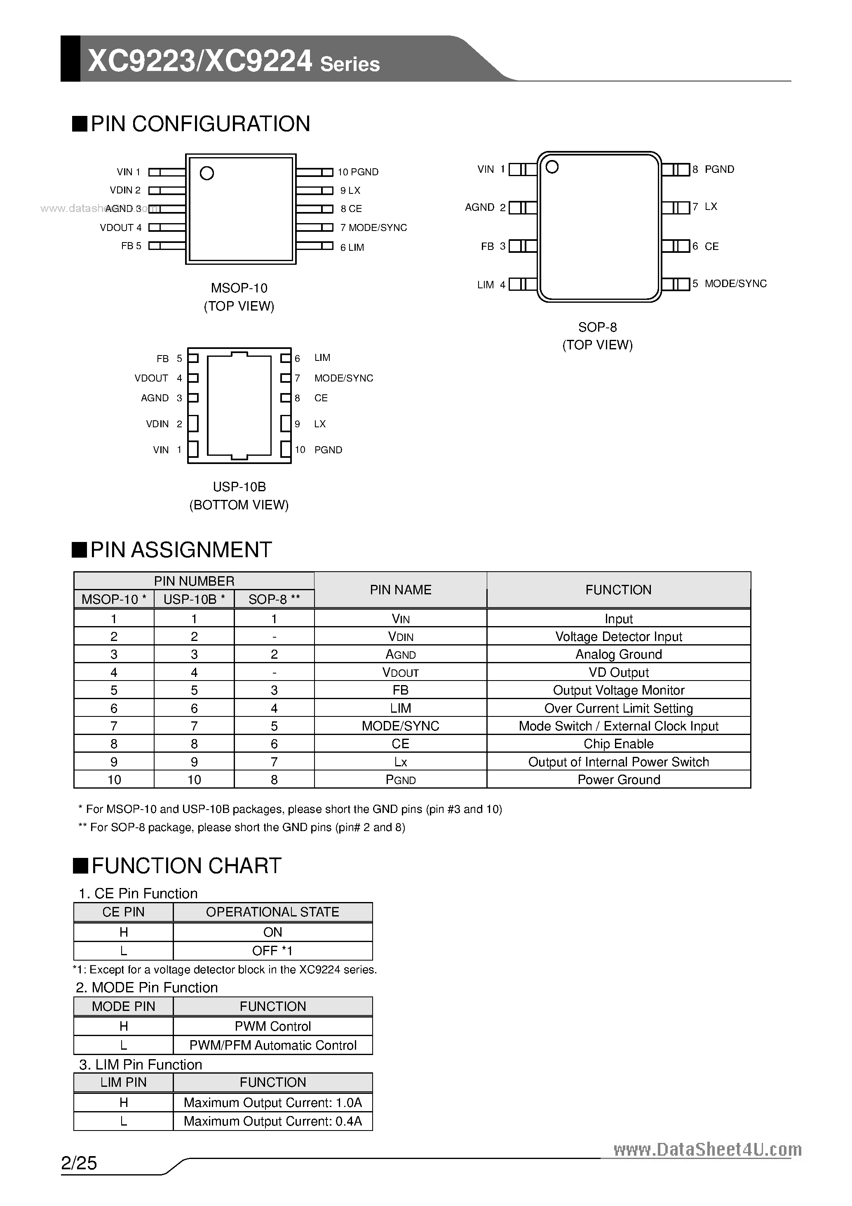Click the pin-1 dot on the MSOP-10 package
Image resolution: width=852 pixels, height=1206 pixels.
pyautogui.click(x=207, y=173)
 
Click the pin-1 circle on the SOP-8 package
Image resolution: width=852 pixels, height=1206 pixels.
pyautogui.click(x=552, y=167)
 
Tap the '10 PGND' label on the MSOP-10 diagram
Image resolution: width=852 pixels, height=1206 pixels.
pyautogui.click(x=358, y=172)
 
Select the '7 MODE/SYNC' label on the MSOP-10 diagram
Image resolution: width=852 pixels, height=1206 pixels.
pyautogui.click(x=373, y=227)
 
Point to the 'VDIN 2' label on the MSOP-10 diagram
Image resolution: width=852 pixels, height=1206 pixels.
pyautogui.click(x=125, y=190)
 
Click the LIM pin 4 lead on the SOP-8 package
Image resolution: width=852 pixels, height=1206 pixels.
pyautogui.click(x=523, y=284)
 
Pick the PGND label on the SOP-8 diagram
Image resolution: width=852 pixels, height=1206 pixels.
pyautogui.click(x=719, y=169)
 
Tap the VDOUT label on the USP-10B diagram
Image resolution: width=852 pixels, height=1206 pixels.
pyautogui.click(x=151, y=378)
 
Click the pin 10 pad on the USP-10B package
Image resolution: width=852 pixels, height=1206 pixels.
pyautogui.click(x=286, y=449)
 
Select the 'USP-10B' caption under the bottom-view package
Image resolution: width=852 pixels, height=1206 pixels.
pyautogui.click(x=239, y=487)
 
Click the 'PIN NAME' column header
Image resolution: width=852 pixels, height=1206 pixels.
pyautogui.click(x=401, y=590)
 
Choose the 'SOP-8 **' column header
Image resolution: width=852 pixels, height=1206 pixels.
pyautogui.click(x=274, y=599)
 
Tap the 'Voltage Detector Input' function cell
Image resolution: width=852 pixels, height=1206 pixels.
pyautogui.click(x=618, y=637)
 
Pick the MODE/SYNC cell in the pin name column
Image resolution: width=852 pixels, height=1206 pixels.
pyautogui.click(x=401, y=726)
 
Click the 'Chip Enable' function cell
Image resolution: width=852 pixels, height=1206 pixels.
pyautogui.click(x=618, y=744)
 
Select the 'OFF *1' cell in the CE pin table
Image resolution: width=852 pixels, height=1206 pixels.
pyautogui.click(x=272, y=951)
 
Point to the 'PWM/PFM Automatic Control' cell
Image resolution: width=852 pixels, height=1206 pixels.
pyautogui.click(x=272, y=1045)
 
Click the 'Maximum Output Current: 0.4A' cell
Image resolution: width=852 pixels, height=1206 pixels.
pyautogui.click(x=272, y=1121)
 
